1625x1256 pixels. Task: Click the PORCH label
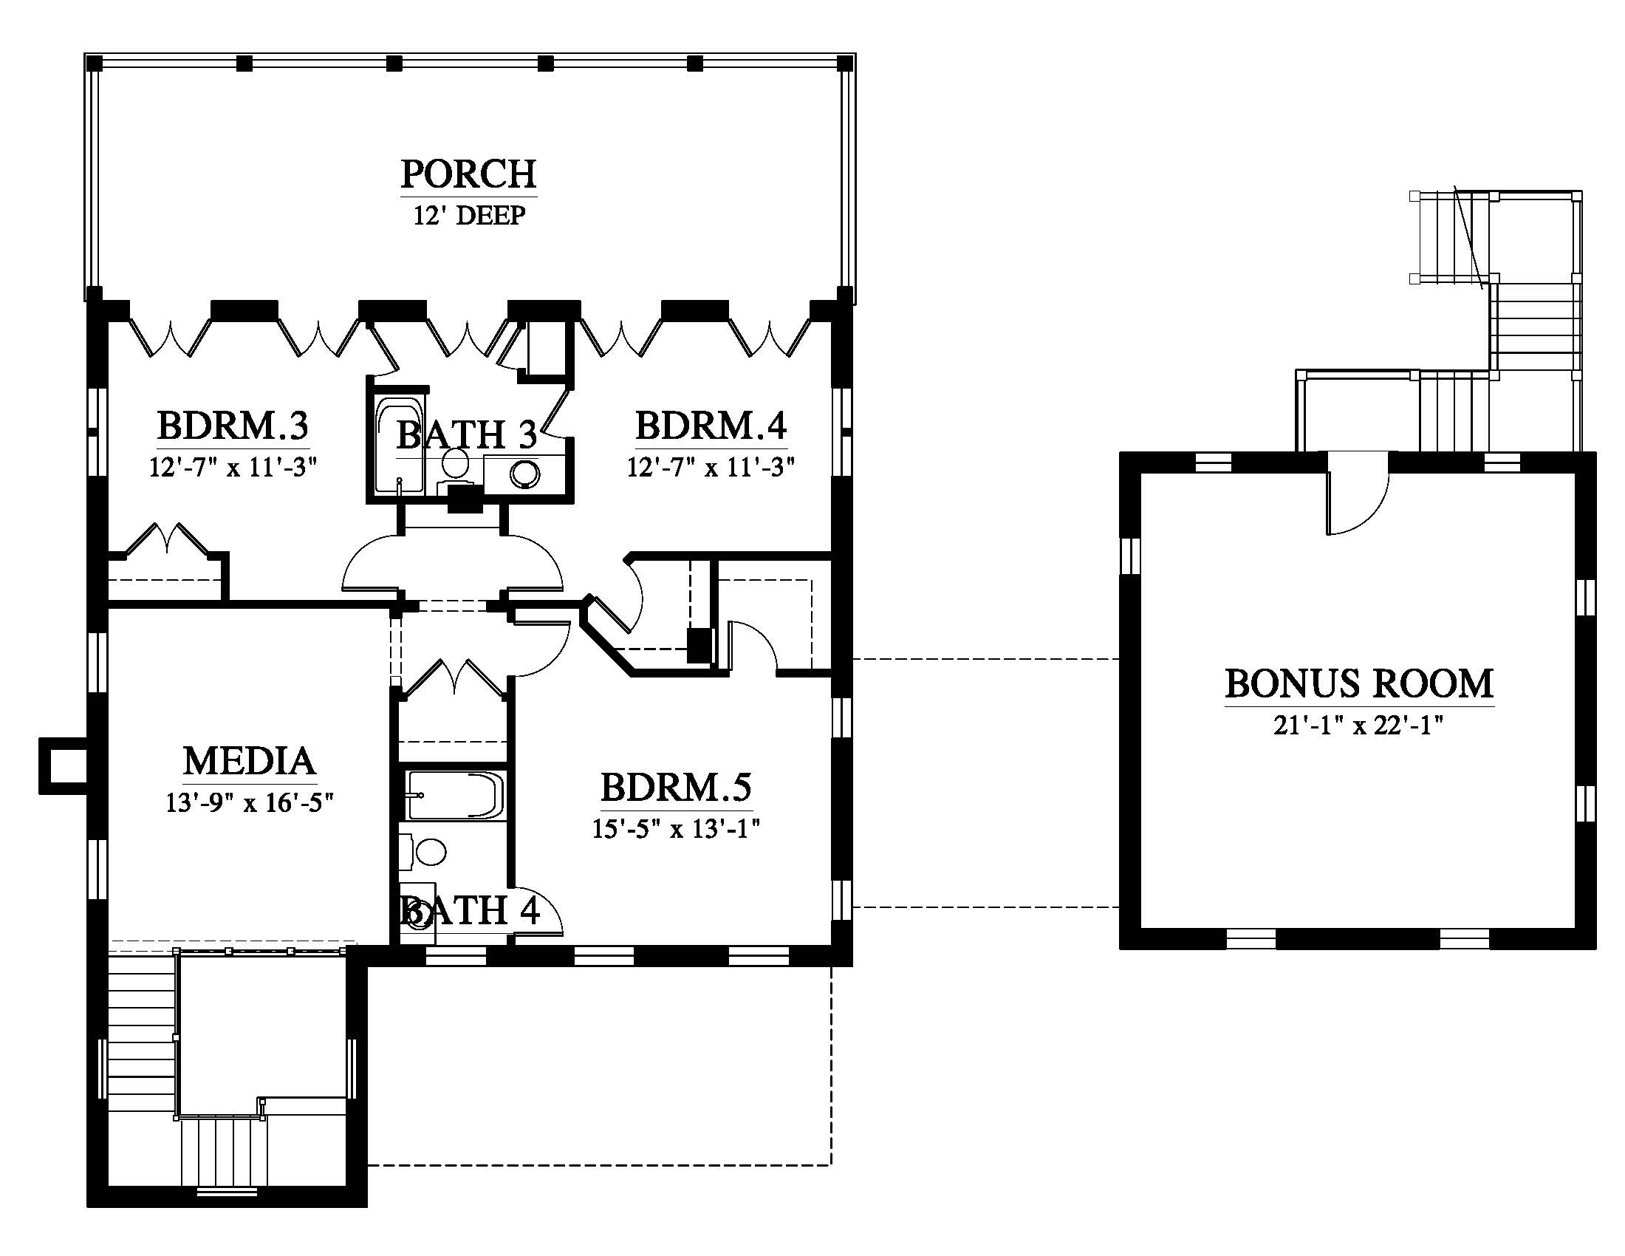click(x=469, y=174)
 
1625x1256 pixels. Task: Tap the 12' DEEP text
click(x=470, y=216)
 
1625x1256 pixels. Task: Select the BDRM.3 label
click(x=233, y=426)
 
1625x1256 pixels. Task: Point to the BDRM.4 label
click(x=711, y=426)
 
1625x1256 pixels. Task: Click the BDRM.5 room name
click(x=677, y=788)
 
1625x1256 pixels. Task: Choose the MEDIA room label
click(x=250, y=761)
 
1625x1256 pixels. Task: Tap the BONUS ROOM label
click(x=1359, y=684)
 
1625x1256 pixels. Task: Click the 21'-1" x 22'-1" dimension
click(x=1358, y=726)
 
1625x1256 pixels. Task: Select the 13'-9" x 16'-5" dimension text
click(x=249, y=803)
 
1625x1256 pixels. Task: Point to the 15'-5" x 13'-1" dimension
click(x=676, y=829)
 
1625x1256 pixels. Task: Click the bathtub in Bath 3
click(x=400, y=446)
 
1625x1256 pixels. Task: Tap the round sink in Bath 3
click(x=527, y=473)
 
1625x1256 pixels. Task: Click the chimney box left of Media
click(x=64, y=765)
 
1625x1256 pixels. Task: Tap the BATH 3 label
click(x=467, y=435)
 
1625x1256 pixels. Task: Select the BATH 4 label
click(x=471, y=911)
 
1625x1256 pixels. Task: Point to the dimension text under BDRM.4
click(x=711, y=467)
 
